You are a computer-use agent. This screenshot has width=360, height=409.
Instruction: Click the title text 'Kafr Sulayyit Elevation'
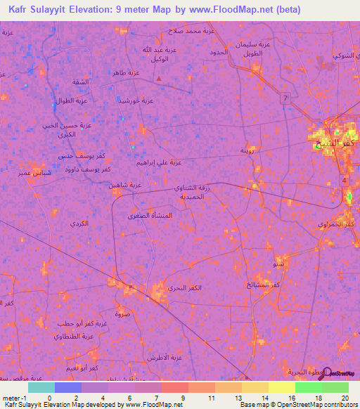point(67,10)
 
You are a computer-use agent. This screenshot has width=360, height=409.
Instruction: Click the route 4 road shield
point(345,181)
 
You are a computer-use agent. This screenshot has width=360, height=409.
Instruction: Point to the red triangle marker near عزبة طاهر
point(159,79)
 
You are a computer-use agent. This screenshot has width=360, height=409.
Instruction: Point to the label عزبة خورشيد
point(138,101)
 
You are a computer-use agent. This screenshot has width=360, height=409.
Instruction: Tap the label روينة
point(247,150)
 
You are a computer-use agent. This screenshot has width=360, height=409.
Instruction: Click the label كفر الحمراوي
point(340,223)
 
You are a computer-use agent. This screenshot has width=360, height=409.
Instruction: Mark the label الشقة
point(79,82)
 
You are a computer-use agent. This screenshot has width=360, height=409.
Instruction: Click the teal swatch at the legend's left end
point(41,387)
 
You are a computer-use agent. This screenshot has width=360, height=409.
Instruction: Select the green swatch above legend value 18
point(308,387)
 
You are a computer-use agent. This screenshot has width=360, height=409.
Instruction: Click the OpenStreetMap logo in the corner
point(341,373)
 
